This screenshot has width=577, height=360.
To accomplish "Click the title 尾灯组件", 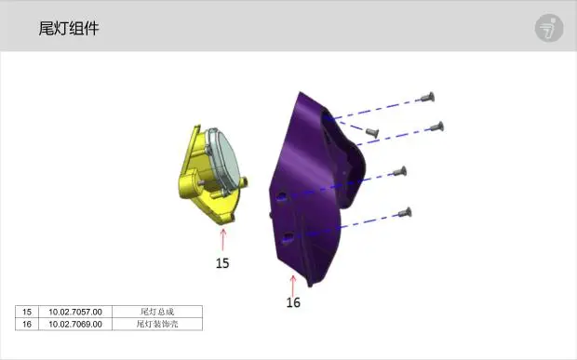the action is pos(69,28).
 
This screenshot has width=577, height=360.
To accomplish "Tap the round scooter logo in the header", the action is pos(549,28).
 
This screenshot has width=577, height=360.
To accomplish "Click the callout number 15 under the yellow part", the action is pos(222,263).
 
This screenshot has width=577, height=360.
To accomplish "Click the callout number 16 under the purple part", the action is pos(293,302).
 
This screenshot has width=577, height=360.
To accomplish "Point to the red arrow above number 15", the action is pos(222,240).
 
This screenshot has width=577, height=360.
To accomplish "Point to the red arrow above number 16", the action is pos(293,286).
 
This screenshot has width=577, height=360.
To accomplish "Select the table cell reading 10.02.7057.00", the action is pos(75,312).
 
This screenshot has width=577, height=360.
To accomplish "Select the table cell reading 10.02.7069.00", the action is pos(75,324).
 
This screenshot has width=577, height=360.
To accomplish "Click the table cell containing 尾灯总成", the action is pos(157,312).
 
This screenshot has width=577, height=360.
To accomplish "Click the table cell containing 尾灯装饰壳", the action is pos(157,324).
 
